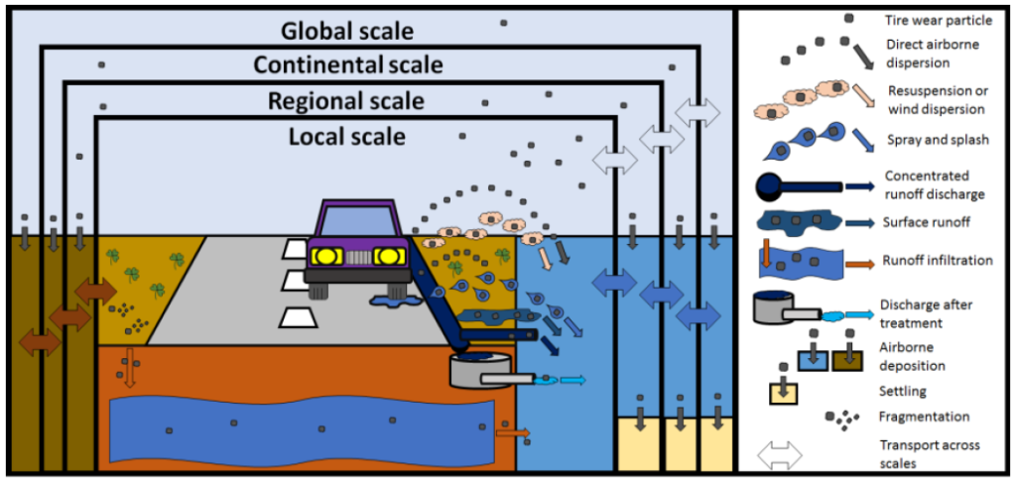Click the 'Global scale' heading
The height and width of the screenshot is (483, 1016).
tap(346, 31)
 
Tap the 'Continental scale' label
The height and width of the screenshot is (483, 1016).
tap(348, 65)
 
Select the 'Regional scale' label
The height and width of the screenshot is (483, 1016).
tap(346, 100)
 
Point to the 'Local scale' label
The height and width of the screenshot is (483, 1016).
tap(346, 135)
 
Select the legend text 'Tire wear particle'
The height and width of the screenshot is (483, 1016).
tap(931, 20)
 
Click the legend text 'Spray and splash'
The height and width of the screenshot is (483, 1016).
tap(937, 140)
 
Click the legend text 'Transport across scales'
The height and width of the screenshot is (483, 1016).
tap(932, 453)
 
